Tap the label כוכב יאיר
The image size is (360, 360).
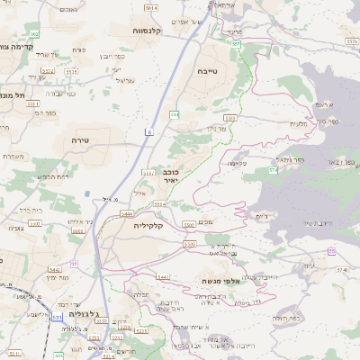tap(170, 175)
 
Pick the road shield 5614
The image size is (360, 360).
tap(150, 7)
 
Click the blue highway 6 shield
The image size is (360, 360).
tap(148, 133)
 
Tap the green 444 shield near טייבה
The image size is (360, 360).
tap(175, 114)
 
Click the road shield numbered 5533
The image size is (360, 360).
tap(229, 118)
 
